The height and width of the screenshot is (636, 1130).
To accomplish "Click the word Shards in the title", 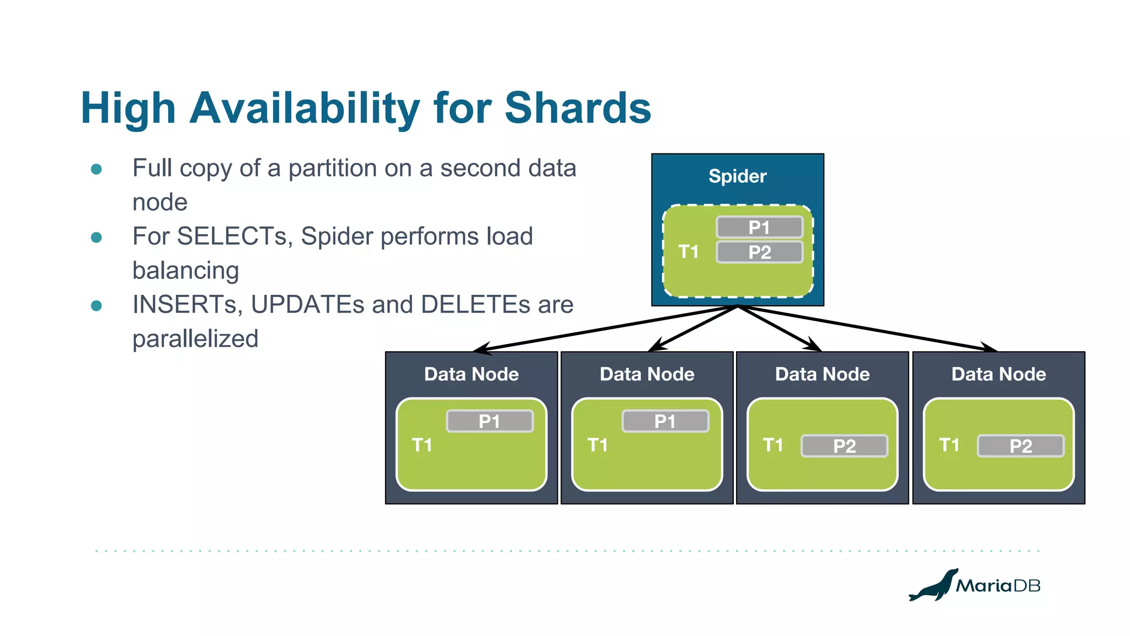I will (578, 108).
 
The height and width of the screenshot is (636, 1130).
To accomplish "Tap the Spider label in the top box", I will (737, 176).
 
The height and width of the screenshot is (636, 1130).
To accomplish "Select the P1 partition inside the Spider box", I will (759, 227).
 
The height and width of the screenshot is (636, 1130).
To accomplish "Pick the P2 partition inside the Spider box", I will (759, 252).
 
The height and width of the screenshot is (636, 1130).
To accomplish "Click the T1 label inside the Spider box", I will (688, 252).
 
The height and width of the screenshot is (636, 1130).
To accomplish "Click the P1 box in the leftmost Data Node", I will (489, 421).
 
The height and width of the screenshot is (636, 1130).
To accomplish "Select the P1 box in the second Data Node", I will (665, 421).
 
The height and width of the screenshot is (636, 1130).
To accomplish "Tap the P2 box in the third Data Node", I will (844, 446).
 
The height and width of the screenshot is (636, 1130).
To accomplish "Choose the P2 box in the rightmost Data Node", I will (1020, 446).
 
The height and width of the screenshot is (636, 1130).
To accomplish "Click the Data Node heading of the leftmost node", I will (471, 374).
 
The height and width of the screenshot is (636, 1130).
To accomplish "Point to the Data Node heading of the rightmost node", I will (998, 374).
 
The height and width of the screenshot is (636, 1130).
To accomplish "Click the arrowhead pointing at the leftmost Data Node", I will (481, 348).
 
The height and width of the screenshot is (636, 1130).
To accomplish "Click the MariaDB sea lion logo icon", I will (934, 586).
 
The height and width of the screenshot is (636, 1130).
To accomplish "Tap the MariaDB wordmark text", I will (998, 586).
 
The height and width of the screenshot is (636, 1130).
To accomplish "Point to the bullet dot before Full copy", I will (97, 169).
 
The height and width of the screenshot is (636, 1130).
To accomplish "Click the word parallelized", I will (195, 339).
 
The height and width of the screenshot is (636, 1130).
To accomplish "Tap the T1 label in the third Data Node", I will (772, 445).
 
